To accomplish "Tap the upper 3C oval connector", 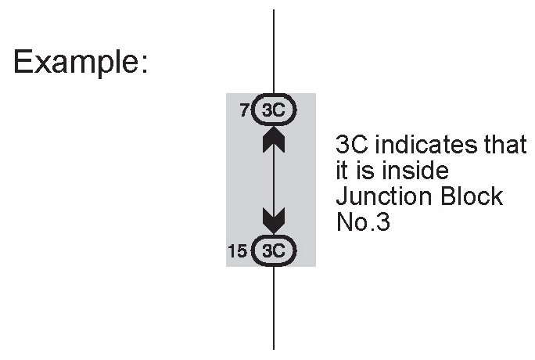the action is point(274,111).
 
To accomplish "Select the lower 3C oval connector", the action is point(274,250).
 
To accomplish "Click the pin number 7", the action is point(244,111).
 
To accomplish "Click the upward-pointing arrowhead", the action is point(274,141).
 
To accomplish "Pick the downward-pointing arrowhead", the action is point(274,220).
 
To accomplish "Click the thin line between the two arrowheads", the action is point(274,180).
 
